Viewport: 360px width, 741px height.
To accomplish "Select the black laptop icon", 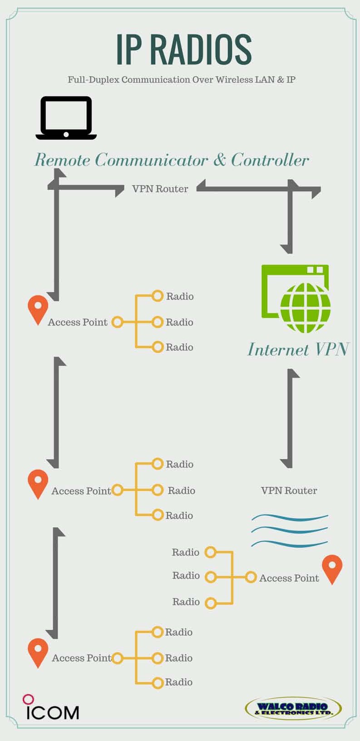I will click(66, 118).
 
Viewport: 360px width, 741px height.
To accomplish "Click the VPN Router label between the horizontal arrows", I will click(160, 189).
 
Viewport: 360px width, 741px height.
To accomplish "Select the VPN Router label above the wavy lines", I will click(289, 491).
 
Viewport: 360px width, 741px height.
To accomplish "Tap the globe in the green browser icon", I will click(305, 308).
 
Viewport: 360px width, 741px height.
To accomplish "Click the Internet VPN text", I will click(298, 349).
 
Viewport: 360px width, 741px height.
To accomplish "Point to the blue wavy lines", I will click(290, 530).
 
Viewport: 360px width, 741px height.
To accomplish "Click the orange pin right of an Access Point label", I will click(332, 569).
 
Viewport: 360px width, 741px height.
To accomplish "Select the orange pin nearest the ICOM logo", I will click(38, 653).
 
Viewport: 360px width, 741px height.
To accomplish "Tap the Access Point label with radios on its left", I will click(289, 578).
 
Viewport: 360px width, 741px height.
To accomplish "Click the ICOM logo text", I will click(52, 712).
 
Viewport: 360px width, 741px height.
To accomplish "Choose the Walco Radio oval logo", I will click(293, 708).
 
